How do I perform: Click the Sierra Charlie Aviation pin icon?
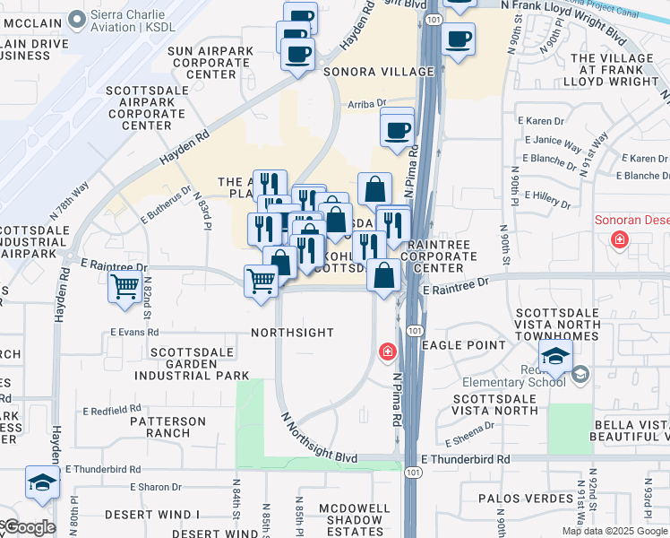pyautogui.click(x=76, y=18)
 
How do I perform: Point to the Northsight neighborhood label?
pyautogui.click(x=292, y=333)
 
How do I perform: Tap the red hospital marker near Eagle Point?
pyautogui.click(x=388, y=351)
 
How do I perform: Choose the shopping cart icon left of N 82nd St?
pyautogui.click(x=125, y=287)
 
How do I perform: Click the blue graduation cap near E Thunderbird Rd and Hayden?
pyautogui.click(x=42, y=482)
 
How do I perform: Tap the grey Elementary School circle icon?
pyautogui.click(x=579, y=374)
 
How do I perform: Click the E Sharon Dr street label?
pyautogui.click(x=155, y=488)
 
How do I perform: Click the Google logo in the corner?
pyautogui.click(x=29, y=527)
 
